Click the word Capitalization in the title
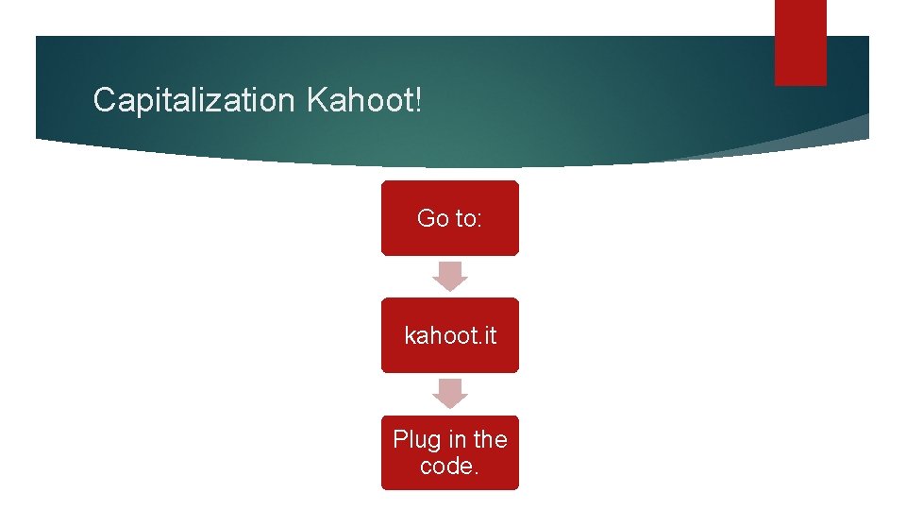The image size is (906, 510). coord(194,99)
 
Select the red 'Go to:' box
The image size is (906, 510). coord(450,218)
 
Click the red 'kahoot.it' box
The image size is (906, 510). coord(450,335)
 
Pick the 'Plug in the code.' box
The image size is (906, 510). coord(450,452)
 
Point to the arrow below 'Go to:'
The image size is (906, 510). coord(450,277)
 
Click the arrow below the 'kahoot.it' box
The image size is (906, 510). coord(450,394)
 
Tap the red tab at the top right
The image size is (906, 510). coord(800,42)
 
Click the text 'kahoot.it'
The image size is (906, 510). coord(450,335)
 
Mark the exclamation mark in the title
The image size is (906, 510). coord(418,99)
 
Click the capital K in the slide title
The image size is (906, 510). coord(316,99)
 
